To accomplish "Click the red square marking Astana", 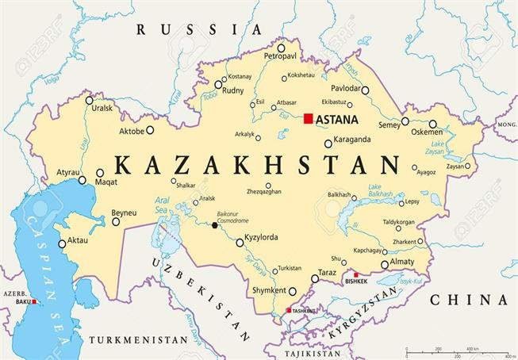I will click(x=308, y=119).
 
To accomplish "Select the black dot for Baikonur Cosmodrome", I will click(x=214, y=225).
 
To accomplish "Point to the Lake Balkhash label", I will click(x=382, y=190).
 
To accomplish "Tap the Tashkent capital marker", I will click(x=290, y=310).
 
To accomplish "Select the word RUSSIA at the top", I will click(x=198, y=29).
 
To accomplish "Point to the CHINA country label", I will click(x=468, y=299).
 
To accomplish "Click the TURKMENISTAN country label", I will click(x=138, y=339).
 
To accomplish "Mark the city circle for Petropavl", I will click(x=281, y=48).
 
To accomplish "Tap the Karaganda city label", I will click(x=353, y=140).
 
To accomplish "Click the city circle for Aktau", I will click(x=63, y=244).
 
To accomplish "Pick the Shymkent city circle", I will click(x=292, y=291).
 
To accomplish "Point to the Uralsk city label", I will click(x=102, y=109).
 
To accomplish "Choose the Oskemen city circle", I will click(x=432, y=124).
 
